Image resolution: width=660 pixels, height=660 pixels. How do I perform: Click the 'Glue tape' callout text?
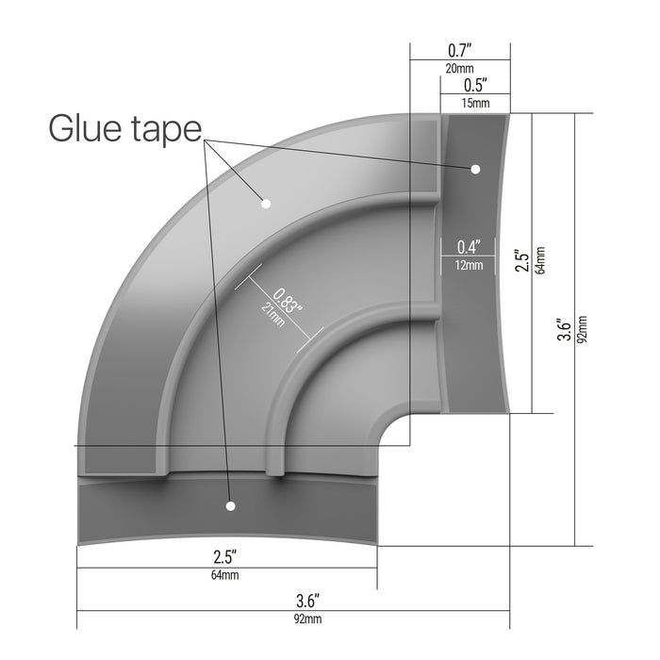125,129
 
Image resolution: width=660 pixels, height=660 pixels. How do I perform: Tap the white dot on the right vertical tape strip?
475,169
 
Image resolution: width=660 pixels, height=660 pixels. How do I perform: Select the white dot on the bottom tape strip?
230,506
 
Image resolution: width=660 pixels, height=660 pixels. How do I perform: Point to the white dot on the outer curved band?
266,204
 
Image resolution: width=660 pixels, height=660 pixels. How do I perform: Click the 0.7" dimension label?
459,51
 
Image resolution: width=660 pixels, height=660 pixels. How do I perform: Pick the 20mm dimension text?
459,68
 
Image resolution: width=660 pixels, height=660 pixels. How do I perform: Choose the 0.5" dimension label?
475,85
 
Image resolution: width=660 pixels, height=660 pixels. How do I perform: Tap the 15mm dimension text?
475,103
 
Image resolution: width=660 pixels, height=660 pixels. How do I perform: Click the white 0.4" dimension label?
469,247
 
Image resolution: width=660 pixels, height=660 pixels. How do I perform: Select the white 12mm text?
469,265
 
